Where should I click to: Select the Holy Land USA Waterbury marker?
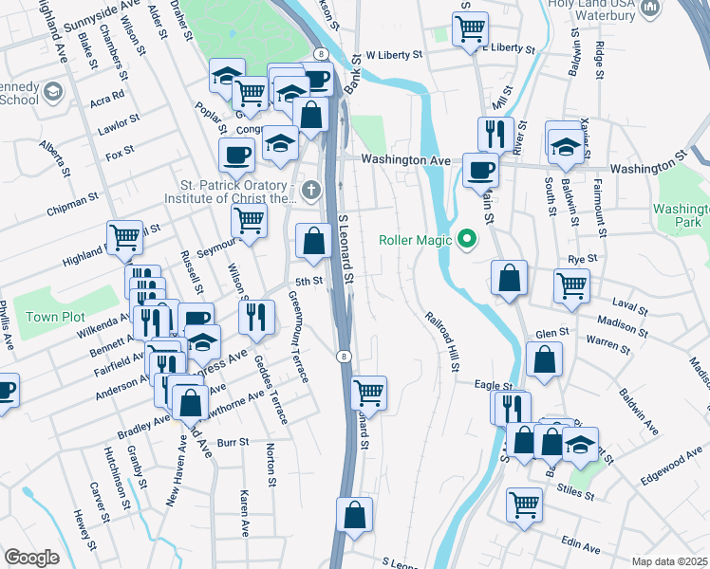click(x=650, y=9)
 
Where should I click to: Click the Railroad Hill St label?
click(x=441, y=341)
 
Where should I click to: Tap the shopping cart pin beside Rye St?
click(x=571, y=284)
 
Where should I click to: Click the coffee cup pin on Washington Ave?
click(x=480, y=170)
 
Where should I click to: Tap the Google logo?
click(x=31, y=558)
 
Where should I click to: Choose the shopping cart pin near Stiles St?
click(x=524, y=505)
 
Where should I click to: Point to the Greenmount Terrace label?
click(x=298, y=337)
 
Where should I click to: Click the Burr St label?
click(x=233, y=442)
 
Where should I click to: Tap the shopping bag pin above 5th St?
click(x=312, y=241)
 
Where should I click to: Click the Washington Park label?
click(x=682, y=217)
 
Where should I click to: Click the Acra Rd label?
click(x=107, y=96)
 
